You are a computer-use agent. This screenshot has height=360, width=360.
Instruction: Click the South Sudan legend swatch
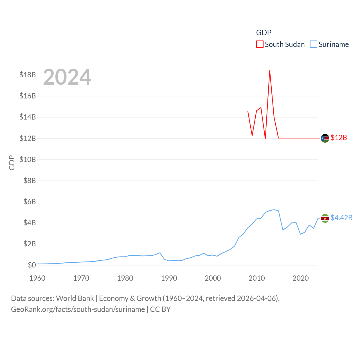pyautogui.click(x=260, y=44)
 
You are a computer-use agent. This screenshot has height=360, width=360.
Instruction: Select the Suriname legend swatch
pyautogui.click(x=314, y=44)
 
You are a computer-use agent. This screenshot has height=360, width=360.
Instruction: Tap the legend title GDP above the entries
pyautogui.click(x=264, y=33)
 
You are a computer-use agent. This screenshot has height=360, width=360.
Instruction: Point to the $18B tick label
pyautogui.click(x=28, y=75)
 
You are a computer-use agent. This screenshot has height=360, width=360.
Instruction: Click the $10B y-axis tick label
pyautogui.click(x=28, y=159)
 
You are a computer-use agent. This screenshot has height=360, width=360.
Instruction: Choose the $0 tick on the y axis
pyautogui.click(x=32, y=265)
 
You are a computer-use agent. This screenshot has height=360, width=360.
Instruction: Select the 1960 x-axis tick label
pyautogui.click(x=37, y=278)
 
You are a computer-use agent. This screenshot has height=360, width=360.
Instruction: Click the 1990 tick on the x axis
pyautogui.click(x=169, y=278)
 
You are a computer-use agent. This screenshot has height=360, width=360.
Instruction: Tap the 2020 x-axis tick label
pyautogui.click(x=300, y=278)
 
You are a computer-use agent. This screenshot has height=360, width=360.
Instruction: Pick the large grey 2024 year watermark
pyautogui.click(x=67, y=77)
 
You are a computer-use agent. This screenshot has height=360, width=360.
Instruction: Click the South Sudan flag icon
pyautogui.click(x=325, y=138)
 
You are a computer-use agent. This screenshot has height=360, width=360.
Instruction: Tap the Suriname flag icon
pyautogui.click(x=325, y=218)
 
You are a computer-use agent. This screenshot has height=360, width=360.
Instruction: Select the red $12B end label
pyautogui.click(x=339, y=138)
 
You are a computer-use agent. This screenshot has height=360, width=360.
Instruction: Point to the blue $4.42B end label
pyautogui.click(x=341, y=218)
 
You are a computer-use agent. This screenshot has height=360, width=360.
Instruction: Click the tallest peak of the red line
pyautogui.click(x=270, y=71)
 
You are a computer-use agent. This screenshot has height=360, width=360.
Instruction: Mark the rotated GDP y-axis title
pyautogui.click(x=12, y=163)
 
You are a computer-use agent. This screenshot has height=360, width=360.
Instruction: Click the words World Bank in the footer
pyautogui.click(x=75, y=298)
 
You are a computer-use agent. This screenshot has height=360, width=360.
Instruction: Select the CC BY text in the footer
pyautogui.click(x=160, y=309)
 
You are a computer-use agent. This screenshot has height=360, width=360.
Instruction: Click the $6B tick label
pyautogui.click(x=30, y=202)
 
